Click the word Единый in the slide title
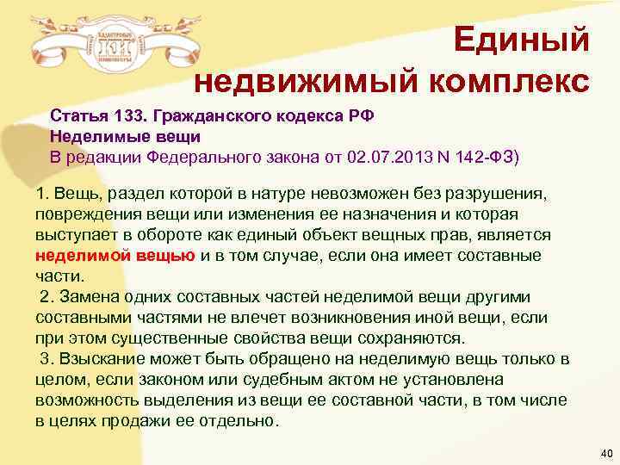(521, 40)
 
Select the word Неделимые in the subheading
(89, 136)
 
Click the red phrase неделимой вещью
(116, 256)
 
